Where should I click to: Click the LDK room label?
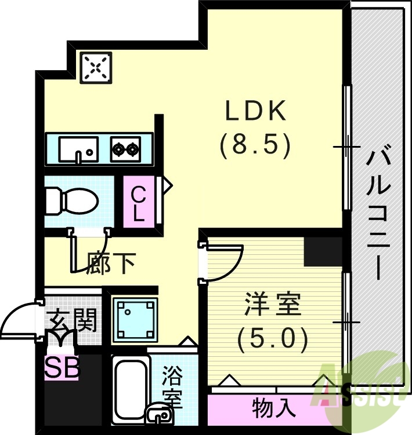tap(255, 112)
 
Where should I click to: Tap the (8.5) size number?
tap(255, 145)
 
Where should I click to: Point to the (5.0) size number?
tap(273, 339)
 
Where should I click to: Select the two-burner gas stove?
tap(126, 150)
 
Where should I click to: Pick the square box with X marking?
tap(96, 68)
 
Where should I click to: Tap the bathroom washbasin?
tap(158, 414)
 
